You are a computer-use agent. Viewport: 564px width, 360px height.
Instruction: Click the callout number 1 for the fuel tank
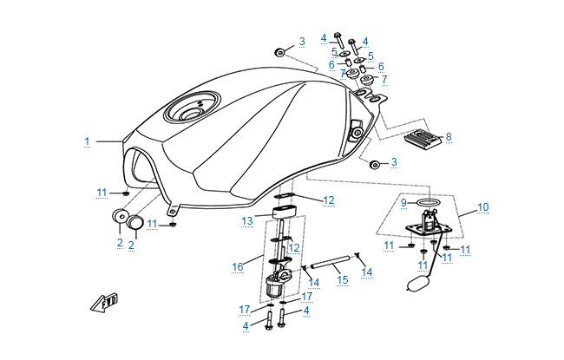pyautogui.click(x=87, y=141)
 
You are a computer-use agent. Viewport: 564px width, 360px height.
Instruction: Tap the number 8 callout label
pyautogui.click(x=449, y=137)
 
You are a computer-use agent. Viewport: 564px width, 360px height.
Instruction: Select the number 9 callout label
pyautogui.click(x=403, y=203)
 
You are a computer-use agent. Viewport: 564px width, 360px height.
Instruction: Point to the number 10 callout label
pyautogui.click(x=483, y=207)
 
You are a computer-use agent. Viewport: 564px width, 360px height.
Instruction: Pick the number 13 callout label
pyautogui.click(x=246, y=221)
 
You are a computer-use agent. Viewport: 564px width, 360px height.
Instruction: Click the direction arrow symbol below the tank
pyautogui.click(x=103, y=303)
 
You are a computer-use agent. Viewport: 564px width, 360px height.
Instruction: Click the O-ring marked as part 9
pyautogui.click(x=427, y=204)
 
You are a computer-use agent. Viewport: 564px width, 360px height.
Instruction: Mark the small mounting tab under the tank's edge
pyautogui.click(x=173, y=208)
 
